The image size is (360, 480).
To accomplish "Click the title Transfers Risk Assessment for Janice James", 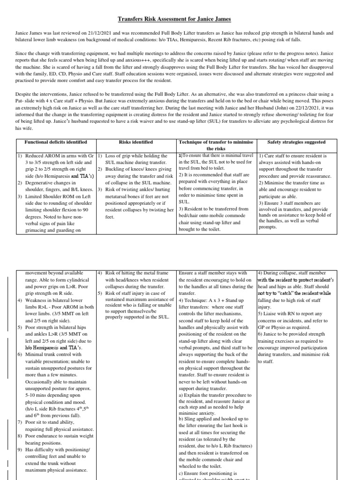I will click(180, 19).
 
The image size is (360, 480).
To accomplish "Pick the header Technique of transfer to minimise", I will click(216, 142).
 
